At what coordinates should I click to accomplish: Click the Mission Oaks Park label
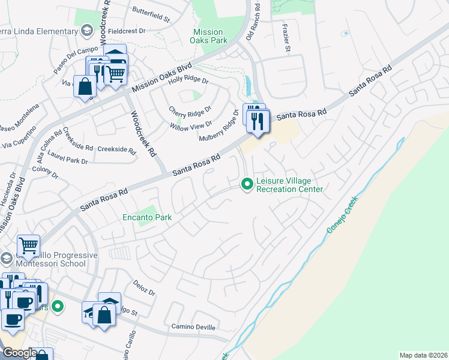click(208, 36)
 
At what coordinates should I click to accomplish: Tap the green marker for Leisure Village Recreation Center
click(246, 184)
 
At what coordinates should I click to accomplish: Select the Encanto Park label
click(147, 217)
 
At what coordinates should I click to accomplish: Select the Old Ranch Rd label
click(257, 21)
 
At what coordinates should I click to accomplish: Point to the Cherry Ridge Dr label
click(190, 111)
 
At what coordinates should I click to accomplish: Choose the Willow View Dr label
click(191, 125)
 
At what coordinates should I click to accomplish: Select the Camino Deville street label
click(192, 328)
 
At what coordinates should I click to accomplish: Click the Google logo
click(20, 353)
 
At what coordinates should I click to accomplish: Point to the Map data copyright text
click(423, 355)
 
